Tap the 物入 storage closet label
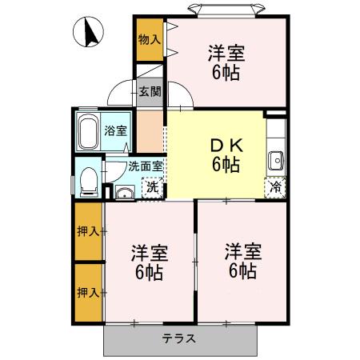click(149, 38)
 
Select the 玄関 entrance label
click(149, 92)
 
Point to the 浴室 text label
click(116, 130)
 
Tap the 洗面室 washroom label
click(146, 166)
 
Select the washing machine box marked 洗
click(153, 189)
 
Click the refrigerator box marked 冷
click(274, 189)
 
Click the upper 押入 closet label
click(89, 232)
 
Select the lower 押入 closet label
click(89, 292)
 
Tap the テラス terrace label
click(179, 338)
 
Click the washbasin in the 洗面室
click(124, 192)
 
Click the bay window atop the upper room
click(226, 9)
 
